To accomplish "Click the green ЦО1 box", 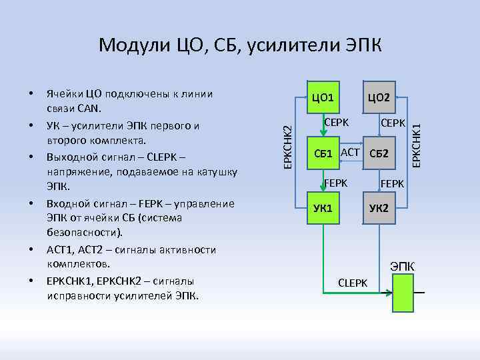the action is click(323, 99).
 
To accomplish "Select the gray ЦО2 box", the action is click(379, 99).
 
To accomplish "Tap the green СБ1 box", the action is click(323, 154).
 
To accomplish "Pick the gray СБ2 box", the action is click(379, 154).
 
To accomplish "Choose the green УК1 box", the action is click(323, 208).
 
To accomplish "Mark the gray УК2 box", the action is click(379, 208).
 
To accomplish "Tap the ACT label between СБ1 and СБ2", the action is click(350, 152).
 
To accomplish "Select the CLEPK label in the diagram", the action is click(353, 283).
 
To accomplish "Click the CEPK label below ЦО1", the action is click(336, 124).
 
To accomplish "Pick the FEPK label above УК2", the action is click(393, 181).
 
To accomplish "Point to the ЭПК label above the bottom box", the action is click(402, 267).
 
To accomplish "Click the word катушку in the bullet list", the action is click(217, 172).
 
